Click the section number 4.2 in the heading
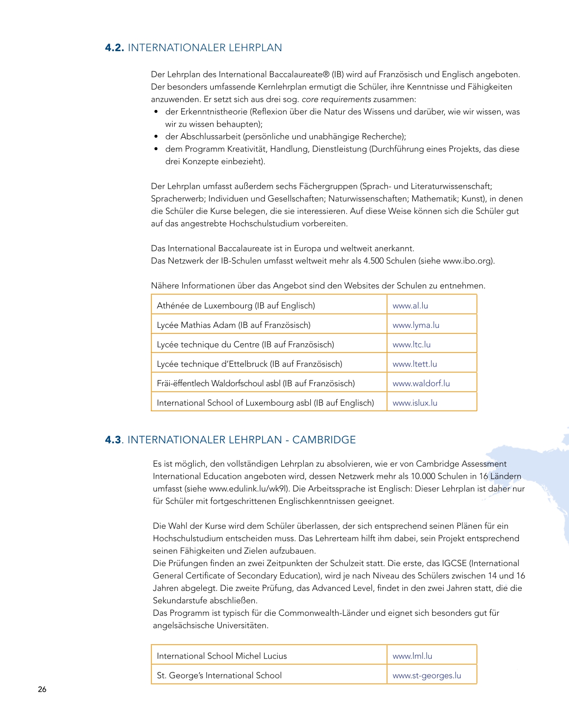click(x=114, y=48)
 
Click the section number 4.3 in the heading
click(x=113, y=440)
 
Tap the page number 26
click(x=42, y=689)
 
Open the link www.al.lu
click(x=410, y=305)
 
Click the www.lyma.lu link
click(x=416, y=325)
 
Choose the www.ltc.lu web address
click(x=411, y=345)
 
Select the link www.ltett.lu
click(x=415, y=364)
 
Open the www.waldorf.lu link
click(x=421, y=383)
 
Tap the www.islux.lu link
click(x=415, y=403)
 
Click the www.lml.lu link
click(x=412, y=656)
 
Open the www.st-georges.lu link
click(x=427, y=675)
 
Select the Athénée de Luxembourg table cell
click(x=236, y=305)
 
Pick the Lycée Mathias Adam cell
click(x=233, y=325)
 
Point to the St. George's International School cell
click(x=219, y=675)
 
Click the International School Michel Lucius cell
click(x=221, y=656)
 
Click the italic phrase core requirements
click(x=336, y=99)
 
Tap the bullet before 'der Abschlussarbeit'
click(x=156, y=137)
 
